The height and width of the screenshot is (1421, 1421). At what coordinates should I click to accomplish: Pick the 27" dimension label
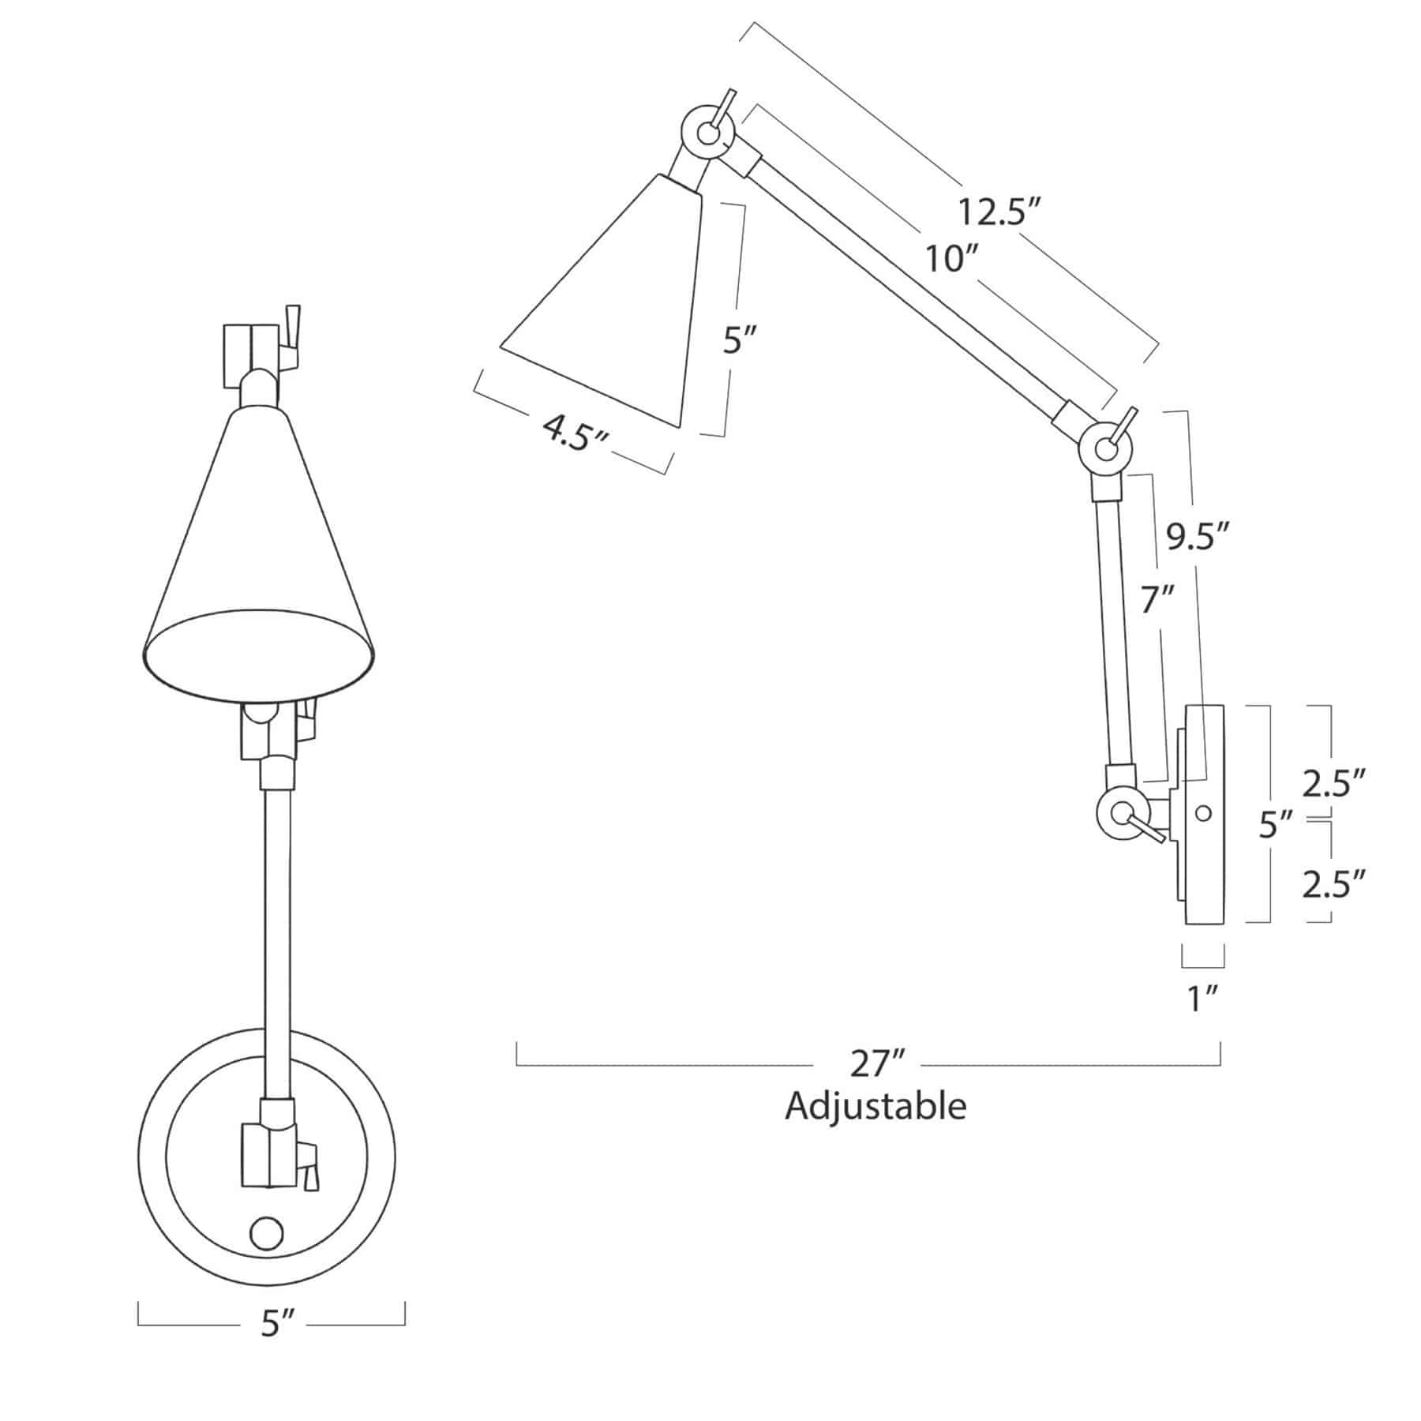coord(870,1064)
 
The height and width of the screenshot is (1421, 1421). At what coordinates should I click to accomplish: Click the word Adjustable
coord(875,1106)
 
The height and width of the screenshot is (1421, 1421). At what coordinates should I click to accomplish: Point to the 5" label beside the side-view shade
coord(740,342)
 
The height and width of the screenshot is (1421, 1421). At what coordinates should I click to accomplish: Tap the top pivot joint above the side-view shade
coord(708,134)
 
